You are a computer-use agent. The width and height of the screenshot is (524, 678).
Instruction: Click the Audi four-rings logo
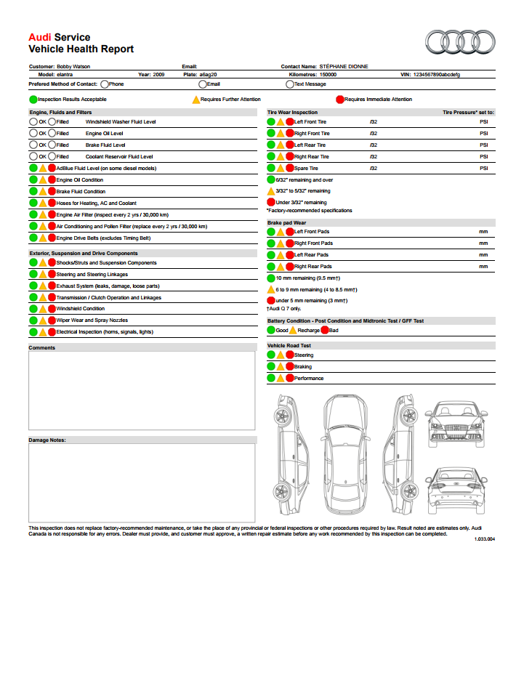459,42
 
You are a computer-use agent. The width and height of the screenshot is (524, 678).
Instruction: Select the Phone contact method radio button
105,84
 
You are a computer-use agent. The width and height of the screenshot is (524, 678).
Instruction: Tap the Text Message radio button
290,84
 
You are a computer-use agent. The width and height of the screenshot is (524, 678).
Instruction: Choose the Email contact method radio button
203,84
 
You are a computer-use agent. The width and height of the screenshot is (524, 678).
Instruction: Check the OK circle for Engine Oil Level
33,134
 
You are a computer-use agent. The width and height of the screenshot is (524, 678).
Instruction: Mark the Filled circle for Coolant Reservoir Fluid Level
52,156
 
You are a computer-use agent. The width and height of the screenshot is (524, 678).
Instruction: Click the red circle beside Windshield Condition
52,309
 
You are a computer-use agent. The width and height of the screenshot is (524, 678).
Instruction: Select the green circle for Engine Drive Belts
33,238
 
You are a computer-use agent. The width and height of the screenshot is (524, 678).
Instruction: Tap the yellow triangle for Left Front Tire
281,122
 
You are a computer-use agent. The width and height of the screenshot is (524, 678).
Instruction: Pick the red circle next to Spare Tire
290,169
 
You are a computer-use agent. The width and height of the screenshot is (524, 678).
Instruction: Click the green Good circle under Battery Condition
271,330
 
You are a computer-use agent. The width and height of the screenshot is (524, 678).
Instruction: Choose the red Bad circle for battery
325,330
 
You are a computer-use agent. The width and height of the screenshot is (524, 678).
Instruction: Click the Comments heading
42,347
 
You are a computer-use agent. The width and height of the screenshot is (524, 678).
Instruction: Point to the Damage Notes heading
47,440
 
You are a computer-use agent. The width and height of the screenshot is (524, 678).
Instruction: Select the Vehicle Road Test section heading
289,346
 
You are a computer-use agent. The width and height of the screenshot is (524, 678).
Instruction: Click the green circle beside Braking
271,367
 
